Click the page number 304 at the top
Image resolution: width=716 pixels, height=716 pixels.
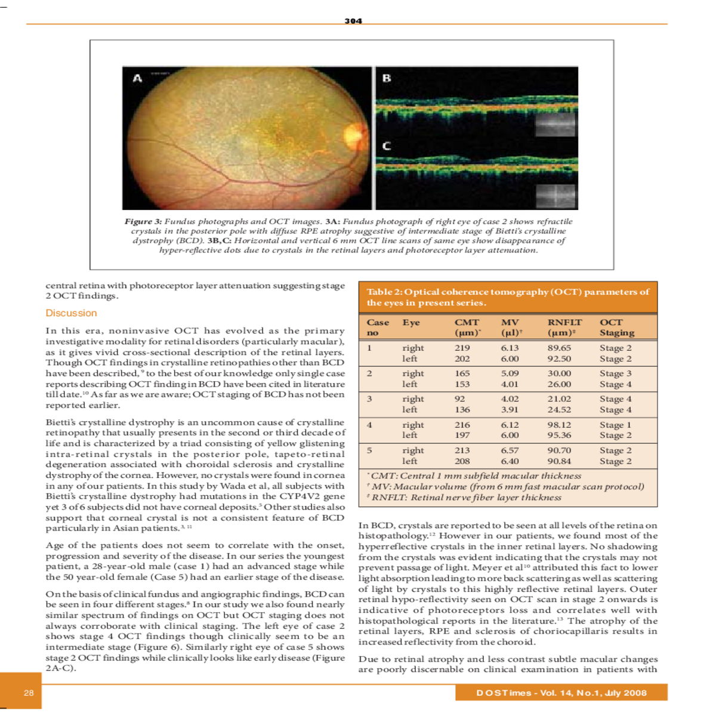[x=353, y=21]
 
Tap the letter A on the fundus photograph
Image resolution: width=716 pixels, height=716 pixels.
[x=138, y=78]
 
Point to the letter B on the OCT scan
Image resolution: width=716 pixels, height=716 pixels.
[x=387, y=78]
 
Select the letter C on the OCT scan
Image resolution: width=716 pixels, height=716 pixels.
[x=387, y=146]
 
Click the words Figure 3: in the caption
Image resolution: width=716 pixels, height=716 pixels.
[x=143, y=221]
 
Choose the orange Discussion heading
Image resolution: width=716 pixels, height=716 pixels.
[x=71, y=313]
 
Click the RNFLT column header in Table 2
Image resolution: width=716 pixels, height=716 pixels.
[x=564, y=322]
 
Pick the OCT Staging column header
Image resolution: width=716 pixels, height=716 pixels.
[x=616, y=328]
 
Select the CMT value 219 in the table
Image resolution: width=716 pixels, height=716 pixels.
[x=462, y=348]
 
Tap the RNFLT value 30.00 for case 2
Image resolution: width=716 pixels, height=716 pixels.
[x=559, y=374]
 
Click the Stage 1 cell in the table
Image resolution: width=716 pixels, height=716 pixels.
[x=615, y=425]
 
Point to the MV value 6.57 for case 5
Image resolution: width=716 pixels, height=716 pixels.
[x=510, y=450]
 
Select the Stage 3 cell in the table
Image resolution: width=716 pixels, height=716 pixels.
[x=615, y=374]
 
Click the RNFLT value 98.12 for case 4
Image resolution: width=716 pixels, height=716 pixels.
[x=559, y=425]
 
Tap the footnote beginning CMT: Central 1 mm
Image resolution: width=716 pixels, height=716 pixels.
[x=475, y=476]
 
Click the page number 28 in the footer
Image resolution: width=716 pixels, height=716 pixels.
[x=29, y=693]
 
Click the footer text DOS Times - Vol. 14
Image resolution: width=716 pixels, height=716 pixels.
[x=561, y=693]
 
